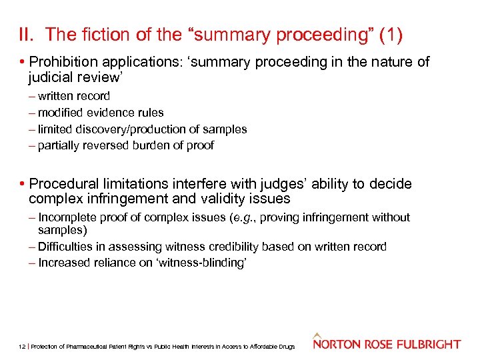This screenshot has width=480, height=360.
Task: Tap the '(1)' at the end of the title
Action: (389, 34)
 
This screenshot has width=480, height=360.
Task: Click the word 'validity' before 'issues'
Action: (221, 199)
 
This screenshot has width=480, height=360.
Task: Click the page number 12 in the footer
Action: (22, 347)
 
